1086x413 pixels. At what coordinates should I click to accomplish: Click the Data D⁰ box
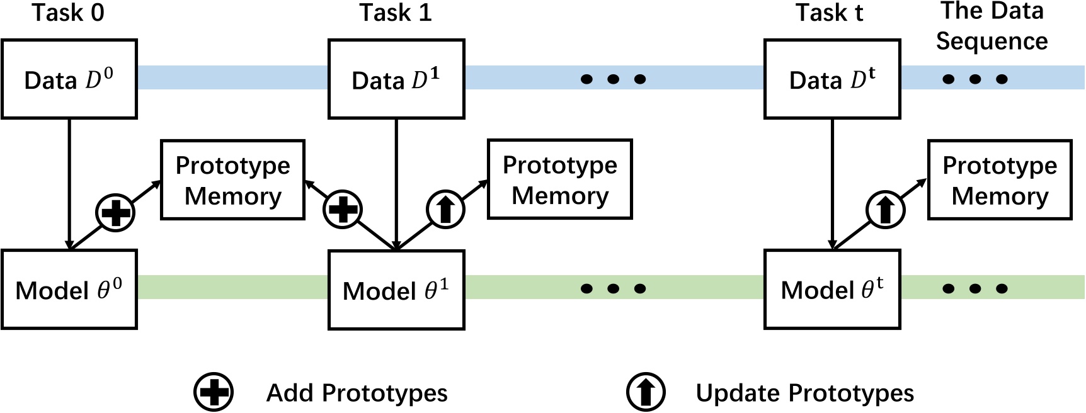pos(69,79)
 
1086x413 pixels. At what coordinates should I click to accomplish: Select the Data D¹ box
pos(396,79)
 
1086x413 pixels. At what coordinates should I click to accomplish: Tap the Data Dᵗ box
pos(832,79)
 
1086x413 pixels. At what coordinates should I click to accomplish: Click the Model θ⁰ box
pos(69,290)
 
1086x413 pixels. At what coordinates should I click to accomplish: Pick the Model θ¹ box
pos(396,290)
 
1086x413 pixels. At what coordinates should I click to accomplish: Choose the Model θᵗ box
pos(832,290)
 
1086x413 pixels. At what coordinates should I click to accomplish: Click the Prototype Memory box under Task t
pos(1000,180)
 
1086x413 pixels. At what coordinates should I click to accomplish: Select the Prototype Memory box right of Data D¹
pos(559,180)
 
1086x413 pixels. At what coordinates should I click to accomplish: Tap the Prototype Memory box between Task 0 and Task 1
pos(232,180)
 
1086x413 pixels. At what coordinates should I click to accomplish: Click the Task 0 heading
pos(68,13)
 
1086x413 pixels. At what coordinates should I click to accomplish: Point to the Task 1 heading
pos(396,13)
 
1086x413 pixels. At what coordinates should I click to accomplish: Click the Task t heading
pos(829,13)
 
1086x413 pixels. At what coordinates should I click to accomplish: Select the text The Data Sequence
pos(992,26)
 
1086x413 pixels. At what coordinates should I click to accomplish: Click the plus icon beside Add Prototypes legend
pos(214,392)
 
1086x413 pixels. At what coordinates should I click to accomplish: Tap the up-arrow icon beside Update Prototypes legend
pos(646,392)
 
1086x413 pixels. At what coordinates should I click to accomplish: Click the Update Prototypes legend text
pos(804,393)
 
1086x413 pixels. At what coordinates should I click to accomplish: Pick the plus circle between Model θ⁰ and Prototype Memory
pos(115,212)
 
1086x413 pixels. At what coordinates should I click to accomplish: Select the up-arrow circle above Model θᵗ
pos(885,210)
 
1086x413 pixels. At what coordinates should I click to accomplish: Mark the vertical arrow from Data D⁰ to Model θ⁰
pos(69,183)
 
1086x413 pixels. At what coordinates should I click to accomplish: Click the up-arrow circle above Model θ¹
pos(445,210)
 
